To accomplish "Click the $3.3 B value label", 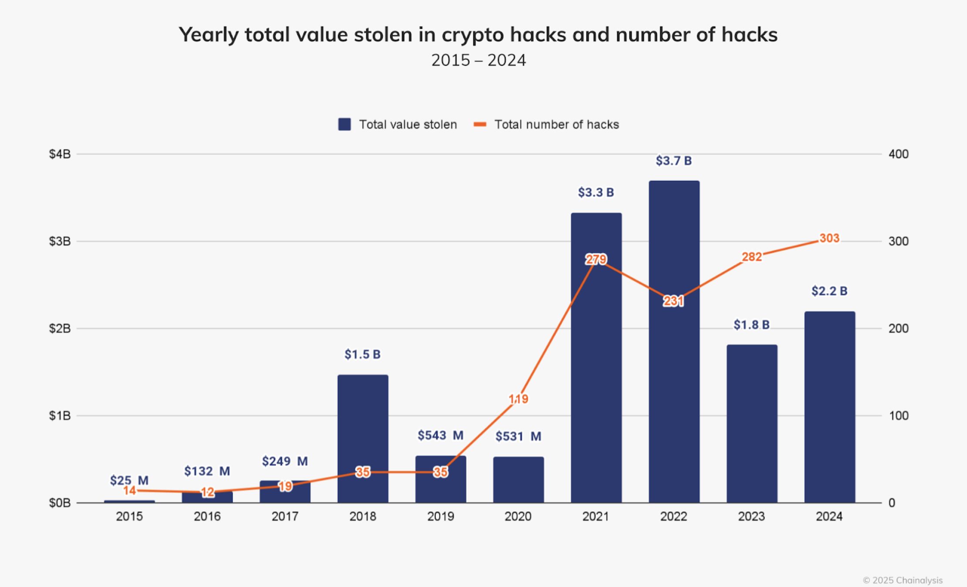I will [x=596, y=192].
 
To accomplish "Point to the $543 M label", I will [x=440, y=435].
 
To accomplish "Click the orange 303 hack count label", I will [x=829, y=238].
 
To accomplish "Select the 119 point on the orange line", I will [x=518, y=399].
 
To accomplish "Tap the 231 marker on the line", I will [x=673, y=301].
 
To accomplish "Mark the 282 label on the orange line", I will [x=752, y=257].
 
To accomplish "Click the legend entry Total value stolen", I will [x=398, y=125].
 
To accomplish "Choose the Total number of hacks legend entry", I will [x=547, y=125].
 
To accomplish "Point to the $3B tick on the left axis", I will [x=60, y=241].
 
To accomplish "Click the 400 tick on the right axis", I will [x=898, y=154].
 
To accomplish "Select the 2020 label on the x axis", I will [x=518, y=516].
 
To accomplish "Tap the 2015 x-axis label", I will [x=129, y=516].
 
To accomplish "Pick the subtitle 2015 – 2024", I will [x=479, y=60].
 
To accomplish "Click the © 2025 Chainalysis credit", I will [x=903, y=580].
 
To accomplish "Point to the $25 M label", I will [x=129, y=480].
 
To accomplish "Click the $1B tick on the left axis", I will [x=60, y=416].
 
